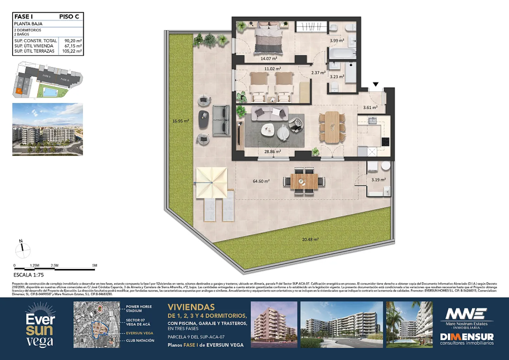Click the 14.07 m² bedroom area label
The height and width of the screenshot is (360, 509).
269,59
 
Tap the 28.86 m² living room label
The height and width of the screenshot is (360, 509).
272,152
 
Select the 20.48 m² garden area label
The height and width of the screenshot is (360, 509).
310,240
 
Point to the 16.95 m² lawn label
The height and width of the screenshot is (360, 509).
181,121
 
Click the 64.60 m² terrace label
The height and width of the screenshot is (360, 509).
261,181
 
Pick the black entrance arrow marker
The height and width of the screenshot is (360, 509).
375,84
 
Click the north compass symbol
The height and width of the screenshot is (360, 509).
22,249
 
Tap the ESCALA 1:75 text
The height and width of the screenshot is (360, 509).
28,275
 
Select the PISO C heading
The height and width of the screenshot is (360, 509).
69,17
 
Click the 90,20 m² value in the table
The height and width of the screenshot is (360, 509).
73,41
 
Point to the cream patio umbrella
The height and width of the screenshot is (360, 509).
212,182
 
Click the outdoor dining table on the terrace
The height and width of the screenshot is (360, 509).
304,181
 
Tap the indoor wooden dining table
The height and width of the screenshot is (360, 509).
332,127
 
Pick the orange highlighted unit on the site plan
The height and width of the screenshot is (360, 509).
19,90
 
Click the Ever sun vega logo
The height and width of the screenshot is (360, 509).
40,326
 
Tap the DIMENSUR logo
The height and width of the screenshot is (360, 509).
467,339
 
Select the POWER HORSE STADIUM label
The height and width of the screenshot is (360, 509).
139,309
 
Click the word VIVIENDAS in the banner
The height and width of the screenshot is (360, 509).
191,307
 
